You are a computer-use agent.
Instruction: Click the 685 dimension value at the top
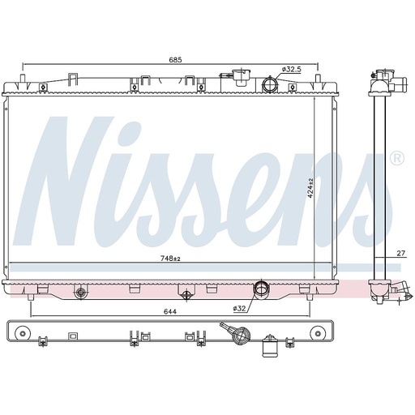175,60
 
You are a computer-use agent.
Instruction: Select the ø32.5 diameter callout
291,70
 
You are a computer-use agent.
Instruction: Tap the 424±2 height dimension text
310,188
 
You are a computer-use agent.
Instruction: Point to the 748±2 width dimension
170,259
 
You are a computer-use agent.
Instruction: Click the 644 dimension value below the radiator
170,311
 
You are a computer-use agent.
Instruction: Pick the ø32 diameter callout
239,308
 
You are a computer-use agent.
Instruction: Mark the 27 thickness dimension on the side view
401,253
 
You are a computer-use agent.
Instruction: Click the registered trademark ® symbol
397,159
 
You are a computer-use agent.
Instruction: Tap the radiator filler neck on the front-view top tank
241,77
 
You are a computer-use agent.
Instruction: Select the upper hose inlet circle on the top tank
270,84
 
